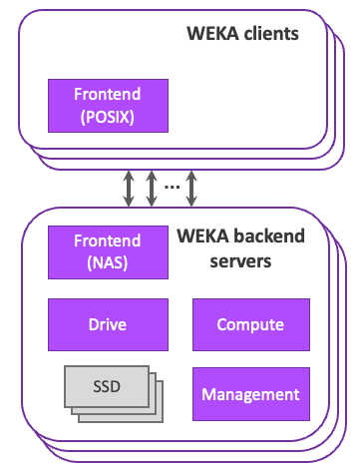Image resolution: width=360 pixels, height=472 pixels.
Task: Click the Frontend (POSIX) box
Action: (108, 106)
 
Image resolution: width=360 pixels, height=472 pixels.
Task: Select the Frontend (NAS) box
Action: (108, 252)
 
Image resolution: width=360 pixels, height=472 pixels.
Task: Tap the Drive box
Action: (108, 324)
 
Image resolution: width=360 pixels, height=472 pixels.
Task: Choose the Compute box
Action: (251, 324)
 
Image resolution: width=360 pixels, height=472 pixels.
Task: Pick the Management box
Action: (251, 394)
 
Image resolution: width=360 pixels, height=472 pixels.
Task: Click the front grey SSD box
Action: (107, 386)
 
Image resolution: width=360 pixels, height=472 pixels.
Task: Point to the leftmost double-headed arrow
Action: (129, 189)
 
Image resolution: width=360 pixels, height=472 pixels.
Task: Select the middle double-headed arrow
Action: (152, 189)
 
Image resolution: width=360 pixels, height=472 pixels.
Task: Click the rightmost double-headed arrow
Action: (191, 189)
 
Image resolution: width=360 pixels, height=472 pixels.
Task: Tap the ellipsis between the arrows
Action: (173, 187)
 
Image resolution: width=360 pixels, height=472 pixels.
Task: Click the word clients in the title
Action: (271, 34)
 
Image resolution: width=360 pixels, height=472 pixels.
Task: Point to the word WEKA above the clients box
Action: (213, 34)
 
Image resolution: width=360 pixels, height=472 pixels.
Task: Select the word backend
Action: (269, 236)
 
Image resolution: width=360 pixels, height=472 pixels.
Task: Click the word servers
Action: (240, 261)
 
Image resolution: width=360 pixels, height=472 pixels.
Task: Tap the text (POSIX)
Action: (108, 117)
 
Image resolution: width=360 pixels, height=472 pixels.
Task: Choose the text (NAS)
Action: (108, 263)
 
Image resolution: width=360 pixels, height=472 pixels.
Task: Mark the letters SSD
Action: (107, 387)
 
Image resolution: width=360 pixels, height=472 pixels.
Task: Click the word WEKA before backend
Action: (203, 236)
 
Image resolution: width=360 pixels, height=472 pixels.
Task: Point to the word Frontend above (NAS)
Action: (108, 240)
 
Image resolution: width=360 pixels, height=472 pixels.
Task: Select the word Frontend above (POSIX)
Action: (108, 94)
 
